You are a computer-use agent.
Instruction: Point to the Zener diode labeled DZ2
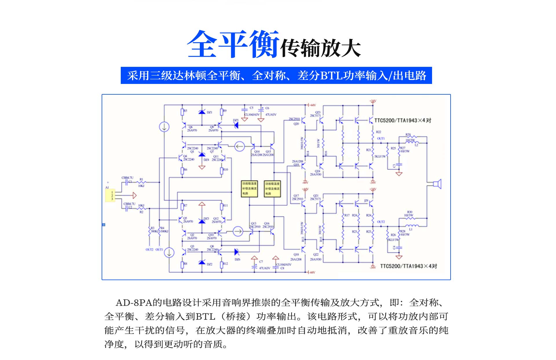[202, 263]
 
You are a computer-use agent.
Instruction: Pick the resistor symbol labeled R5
[182, 112]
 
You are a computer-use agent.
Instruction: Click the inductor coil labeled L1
[412, 226]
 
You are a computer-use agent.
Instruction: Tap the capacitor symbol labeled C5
[245, 109]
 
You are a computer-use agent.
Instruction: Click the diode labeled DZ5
[236, 125]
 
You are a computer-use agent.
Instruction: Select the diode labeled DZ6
[237, 252]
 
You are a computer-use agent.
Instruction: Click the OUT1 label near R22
[381, 139]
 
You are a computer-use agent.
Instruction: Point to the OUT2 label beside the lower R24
[381, 222]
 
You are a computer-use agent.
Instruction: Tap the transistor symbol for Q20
[303, 120]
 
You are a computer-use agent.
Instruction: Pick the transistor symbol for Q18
[303, 249]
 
